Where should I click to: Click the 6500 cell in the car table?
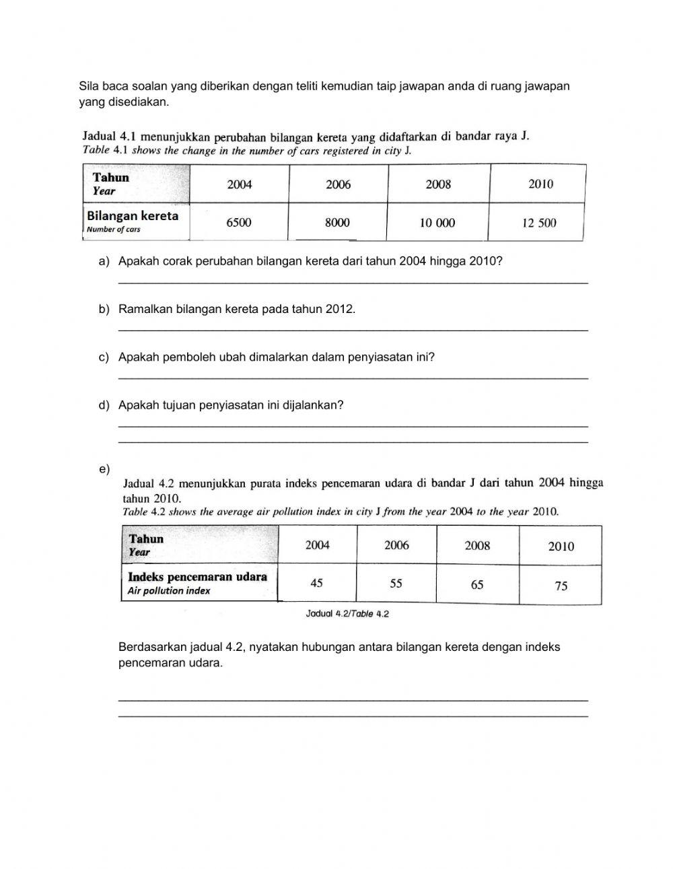[x=239, y=223]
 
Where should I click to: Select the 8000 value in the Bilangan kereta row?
[x=337, y=223]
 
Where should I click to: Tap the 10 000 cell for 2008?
[x=437, y=223]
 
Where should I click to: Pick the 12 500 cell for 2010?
[x=539, y=223]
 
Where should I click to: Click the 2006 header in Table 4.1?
[x=338, y=184]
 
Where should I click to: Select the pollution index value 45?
[x=316, y=583]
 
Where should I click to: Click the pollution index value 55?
[x=396, y=583]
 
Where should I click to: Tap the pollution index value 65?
[x=477, y=584]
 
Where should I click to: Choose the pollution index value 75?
[x=561, y=586]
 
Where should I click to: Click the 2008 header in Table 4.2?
[x=477, y=546]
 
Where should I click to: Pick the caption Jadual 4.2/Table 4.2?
[x=347, y=614]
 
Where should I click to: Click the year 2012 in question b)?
[x=339, y=309]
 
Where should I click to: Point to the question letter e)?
[x=104, y=469]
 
